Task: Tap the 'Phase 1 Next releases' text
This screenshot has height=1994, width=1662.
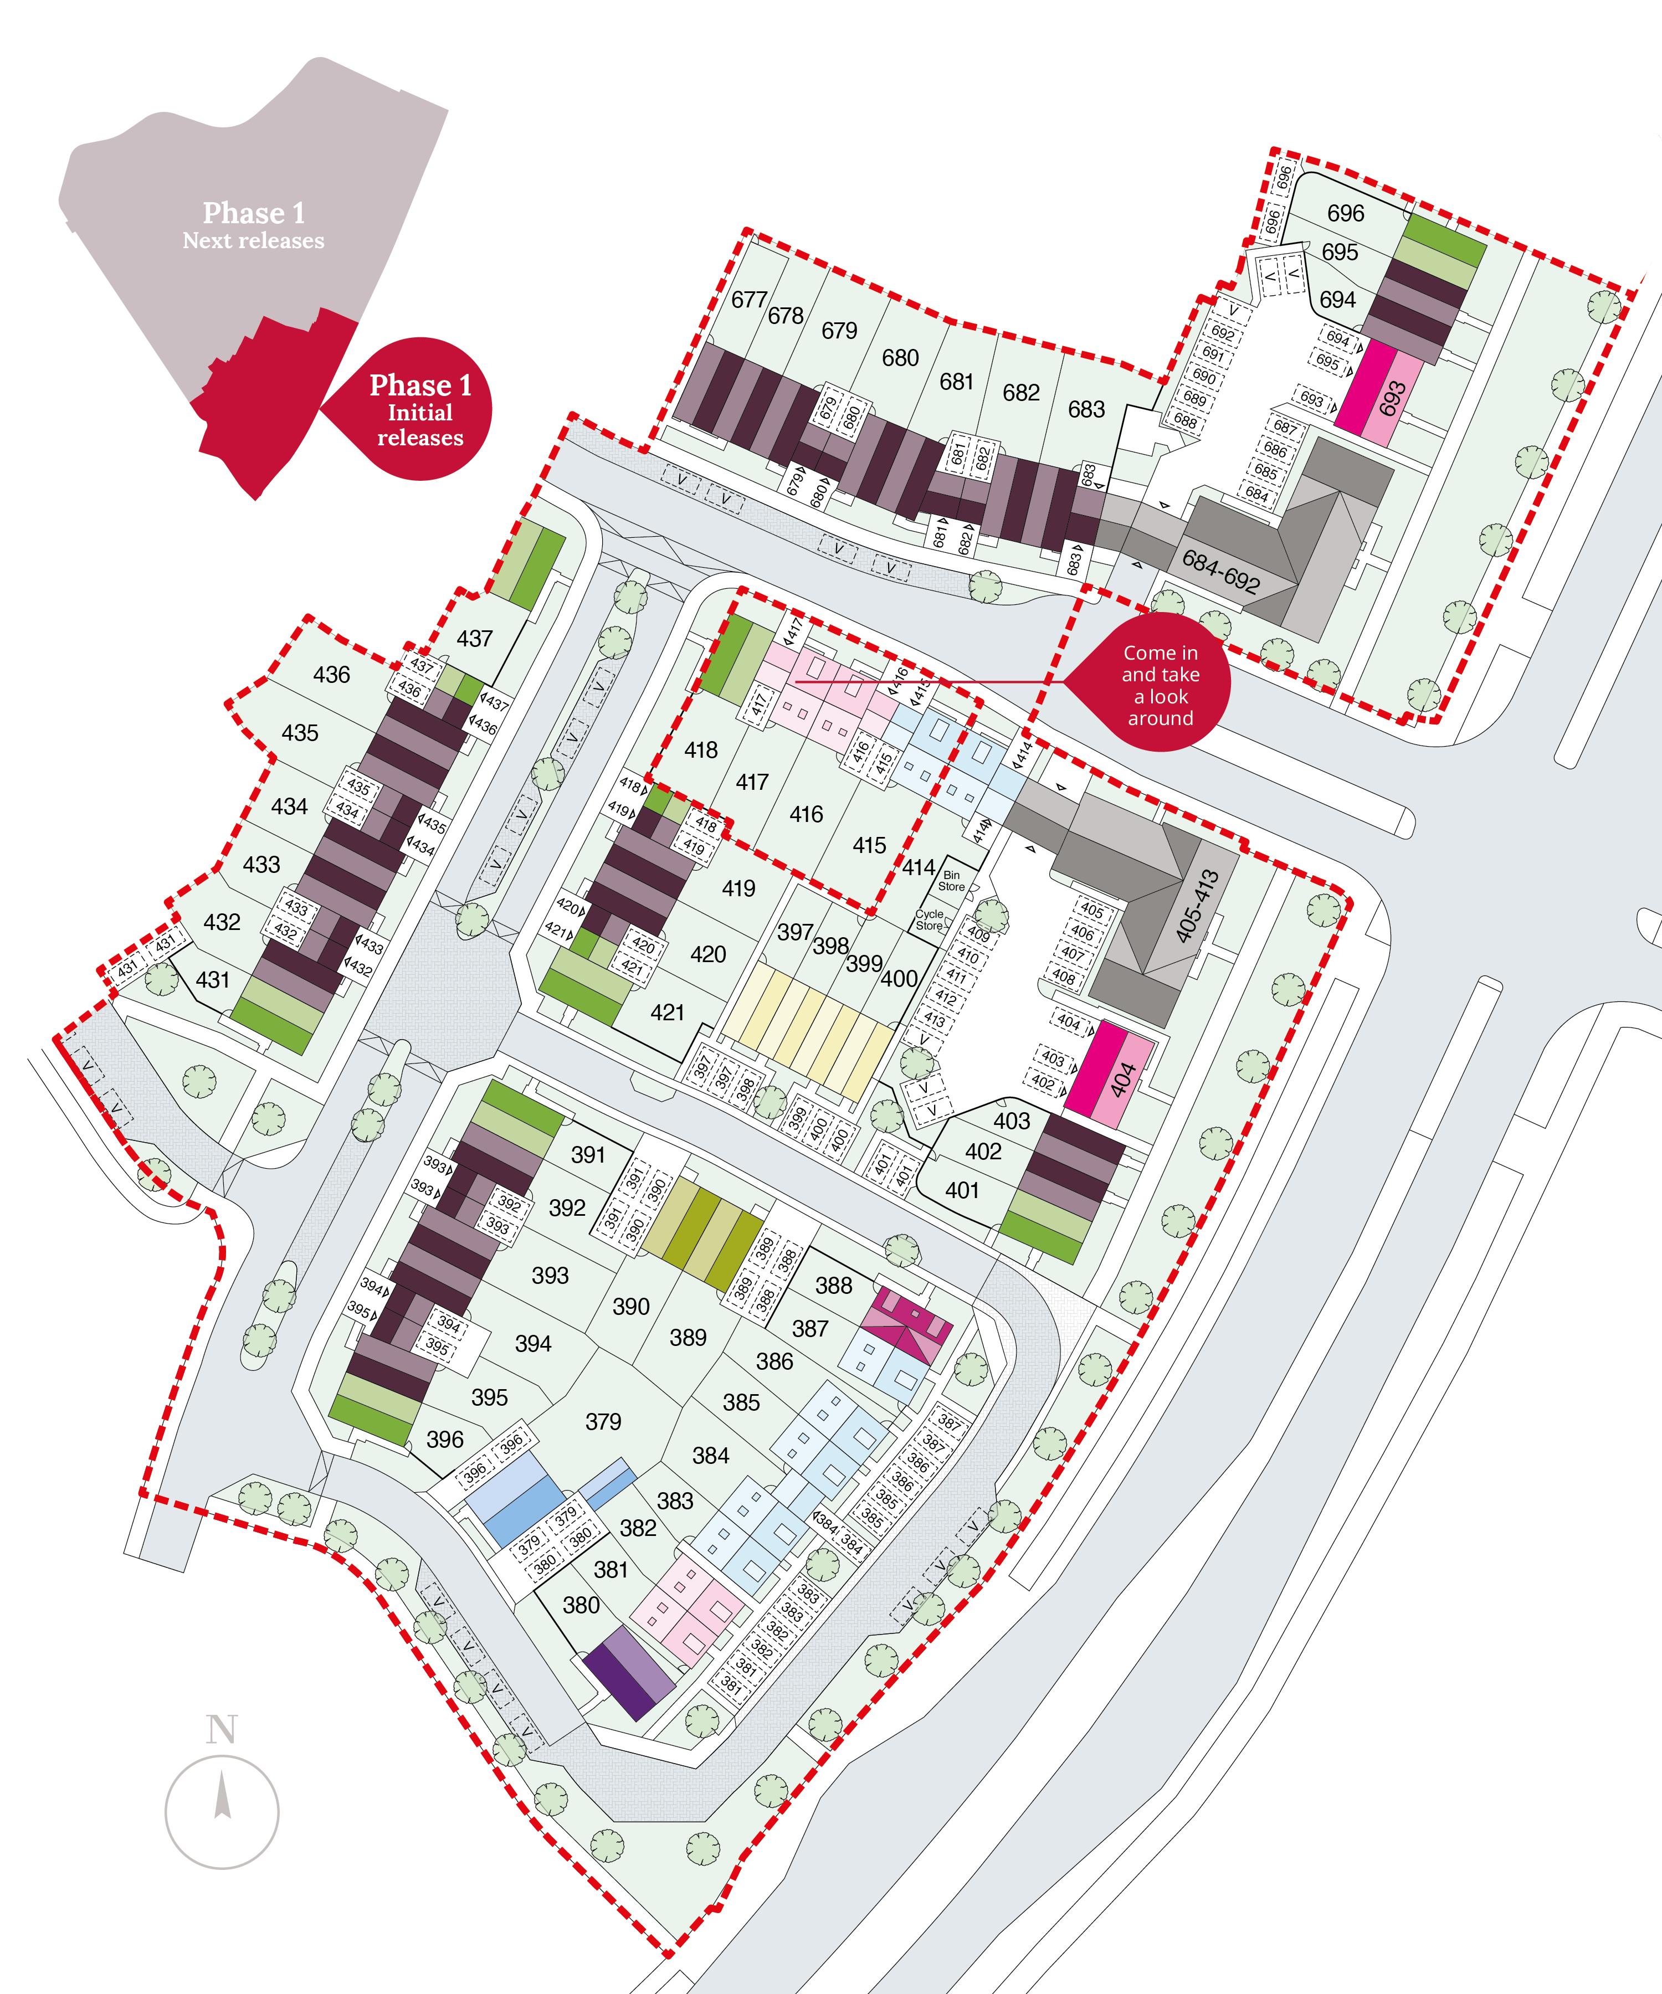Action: tap(254, 225)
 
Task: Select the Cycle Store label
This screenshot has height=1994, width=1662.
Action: tap(929, 919)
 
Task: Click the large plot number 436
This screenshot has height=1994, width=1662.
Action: tap(331, 674)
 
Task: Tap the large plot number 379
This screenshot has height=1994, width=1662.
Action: tap(603, 1421)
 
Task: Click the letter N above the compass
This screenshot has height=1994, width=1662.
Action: tap(221, 1729)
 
